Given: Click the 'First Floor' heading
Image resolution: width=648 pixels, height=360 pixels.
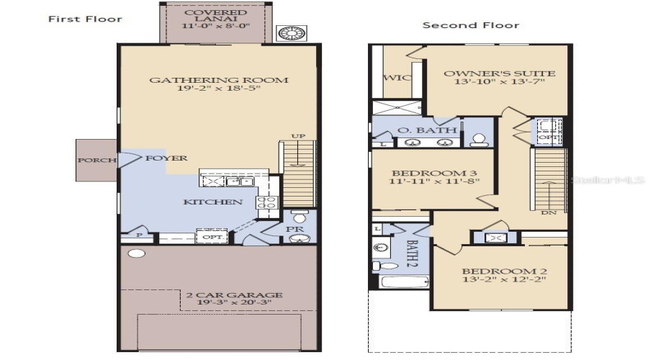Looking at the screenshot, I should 85,19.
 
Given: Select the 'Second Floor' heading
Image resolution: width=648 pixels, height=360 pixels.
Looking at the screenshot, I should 470,25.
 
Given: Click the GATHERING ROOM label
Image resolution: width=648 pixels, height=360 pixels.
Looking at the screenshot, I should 218,80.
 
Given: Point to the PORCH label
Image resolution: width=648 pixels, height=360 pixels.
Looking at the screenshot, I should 96,159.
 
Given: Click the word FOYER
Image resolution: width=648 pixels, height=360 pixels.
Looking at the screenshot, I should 166,158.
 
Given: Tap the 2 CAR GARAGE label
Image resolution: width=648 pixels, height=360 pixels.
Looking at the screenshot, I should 234,294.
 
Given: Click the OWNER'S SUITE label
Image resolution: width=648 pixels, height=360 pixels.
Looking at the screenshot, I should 499,73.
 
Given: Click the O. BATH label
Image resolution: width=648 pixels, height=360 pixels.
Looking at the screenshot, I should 427,130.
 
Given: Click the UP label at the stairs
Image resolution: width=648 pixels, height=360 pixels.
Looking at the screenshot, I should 297,135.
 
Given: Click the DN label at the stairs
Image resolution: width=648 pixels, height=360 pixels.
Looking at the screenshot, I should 548,213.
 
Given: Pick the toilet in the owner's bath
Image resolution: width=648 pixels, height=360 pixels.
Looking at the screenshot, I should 477,140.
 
